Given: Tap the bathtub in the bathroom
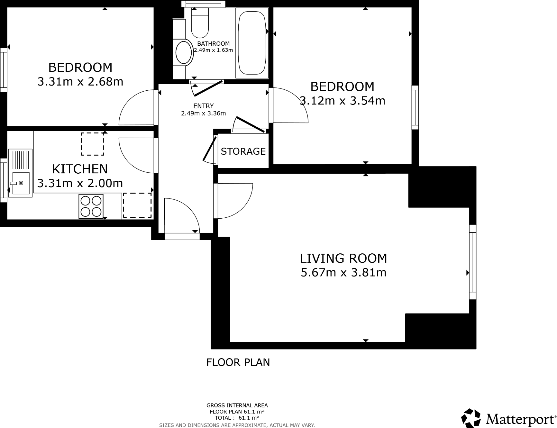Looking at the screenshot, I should tap(252, 43).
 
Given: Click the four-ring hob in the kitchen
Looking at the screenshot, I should tap(91, 206).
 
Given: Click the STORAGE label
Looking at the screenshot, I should tap(243, 151).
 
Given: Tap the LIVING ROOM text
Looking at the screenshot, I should tap(343, 259).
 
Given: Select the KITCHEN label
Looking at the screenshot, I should tap(80, 169).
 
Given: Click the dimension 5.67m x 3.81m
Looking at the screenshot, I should tap(343, 273).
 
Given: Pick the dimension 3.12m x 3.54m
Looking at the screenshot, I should tap(342, 101).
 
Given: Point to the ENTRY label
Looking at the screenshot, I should tap(203, 106).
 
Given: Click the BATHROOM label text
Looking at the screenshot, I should tap(213, 43).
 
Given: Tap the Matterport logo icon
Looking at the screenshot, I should tap(471, 418).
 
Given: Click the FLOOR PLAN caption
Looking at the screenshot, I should tap(238, 362).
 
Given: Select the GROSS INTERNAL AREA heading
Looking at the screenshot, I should tap(237, 405).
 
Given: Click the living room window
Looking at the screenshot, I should tap(472, 262).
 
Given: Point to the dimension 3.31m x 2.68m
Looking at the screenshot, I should tap(80, 82).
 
